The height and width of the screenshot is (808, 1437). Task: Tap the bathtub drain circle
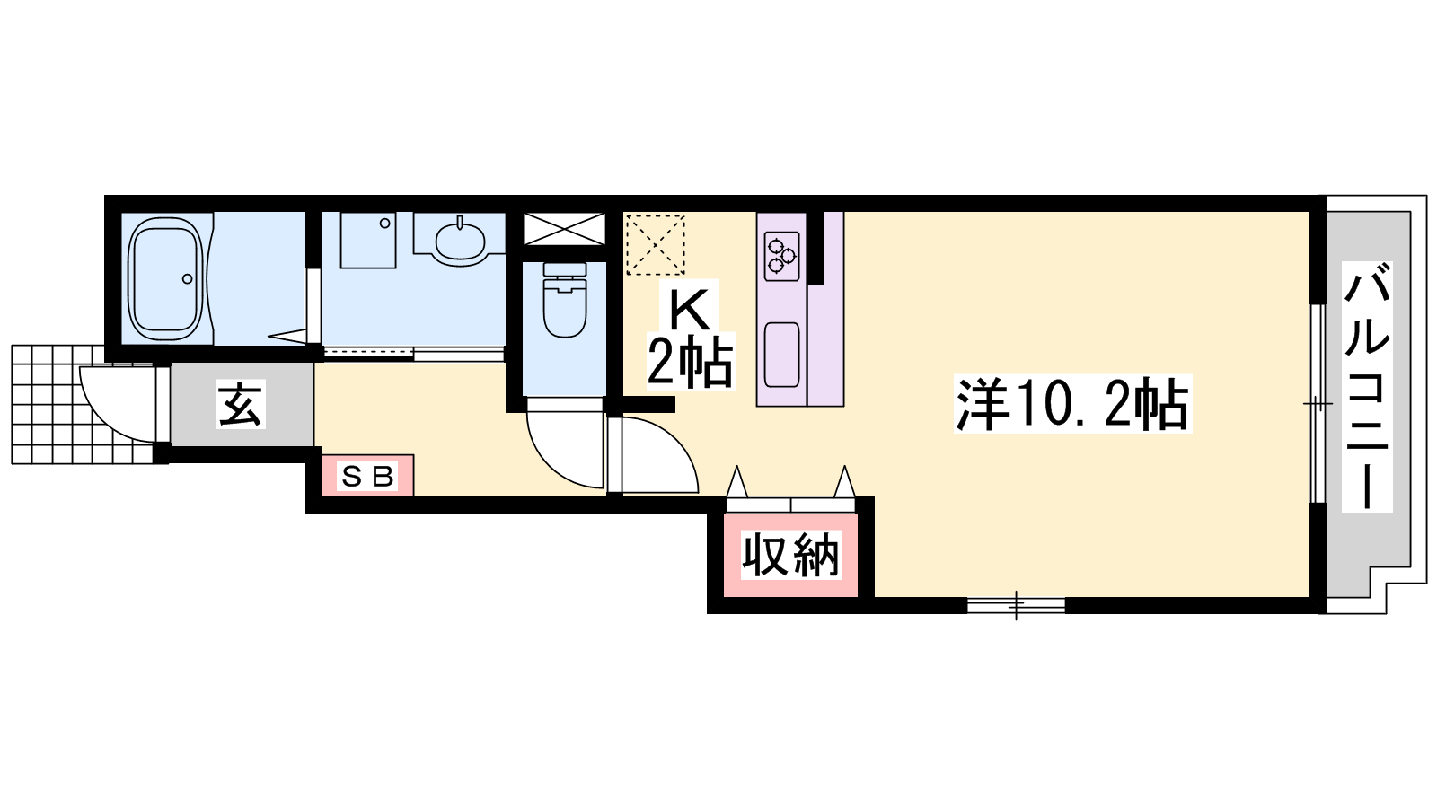[188, 279]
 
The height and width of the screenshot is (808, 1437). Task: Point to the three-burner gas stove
[782, 256]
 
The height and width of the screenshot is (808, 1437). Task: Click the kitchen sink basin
[782, 355]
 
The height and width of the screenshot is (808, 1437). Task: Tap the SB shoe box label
[367, 477]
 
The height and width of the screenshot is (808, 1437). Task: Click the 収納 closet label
[790, 556]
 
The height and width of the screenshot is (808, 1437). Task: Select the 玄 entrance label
[241, 405]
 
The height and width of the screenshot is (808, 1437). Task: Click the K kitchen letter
[690, 311]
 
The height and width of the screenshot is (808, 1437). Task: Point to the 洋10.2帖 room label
[1072, 404]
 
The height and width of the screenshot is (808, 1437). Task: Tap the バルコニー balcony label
[1366, 386]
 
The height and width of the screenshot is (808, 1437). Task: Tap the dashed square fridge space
[656, 245]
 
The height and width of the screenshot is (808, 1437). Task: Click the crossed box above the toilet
[565, 229]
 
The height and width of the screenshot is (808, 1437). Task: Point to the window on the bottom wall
[1016, 605]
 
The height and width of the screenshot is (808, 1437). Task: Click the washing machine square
[368, 240]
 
